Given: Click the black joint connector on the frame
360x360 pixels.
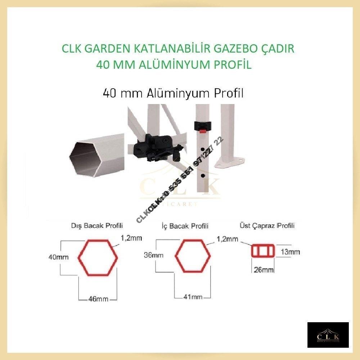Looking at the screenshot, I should point(155,147).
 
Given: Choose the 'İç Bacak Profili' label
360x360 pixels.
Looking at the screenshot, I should point(185,226).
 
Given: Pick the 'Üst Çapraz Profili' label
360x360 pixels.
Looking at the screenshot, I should point(267,226).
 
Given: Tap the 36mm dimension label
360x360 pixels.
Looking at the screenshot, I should point(153,256).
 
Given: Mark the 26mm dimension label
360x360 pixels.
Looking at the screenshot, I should point(263,270).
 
